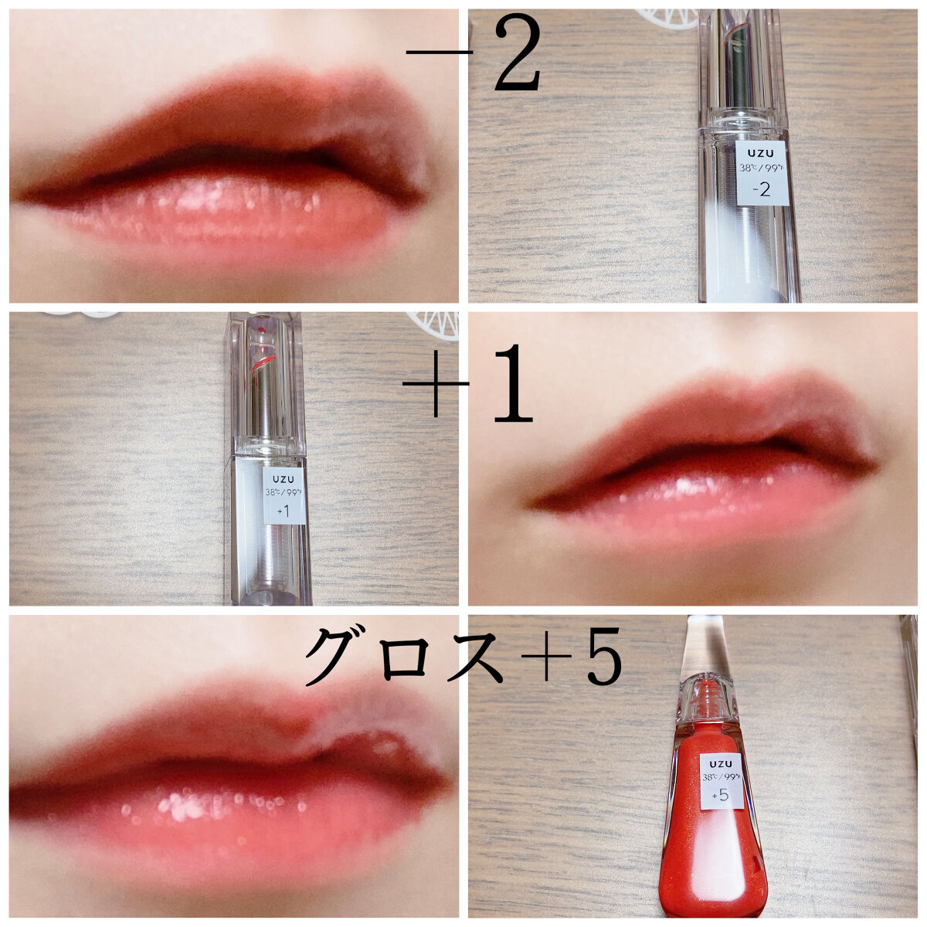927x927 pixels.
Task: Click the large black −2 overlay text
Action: [474, 54]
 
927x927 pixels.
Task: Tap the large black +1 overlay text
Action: [467, 383]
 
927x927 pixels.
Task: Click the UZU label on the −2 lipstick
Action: [761, 154]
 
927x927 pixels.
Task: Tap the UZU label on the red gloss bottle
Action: [721, 763]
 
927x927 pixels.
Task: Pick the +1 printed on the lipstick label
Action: [284, 511]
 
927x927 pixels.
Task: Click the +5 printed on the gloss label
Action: [721, 795]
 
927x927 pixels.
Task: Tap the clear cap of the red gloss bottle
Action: [702, 647]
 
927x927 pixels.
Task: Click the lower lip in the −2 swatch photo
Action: [216, 216]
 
